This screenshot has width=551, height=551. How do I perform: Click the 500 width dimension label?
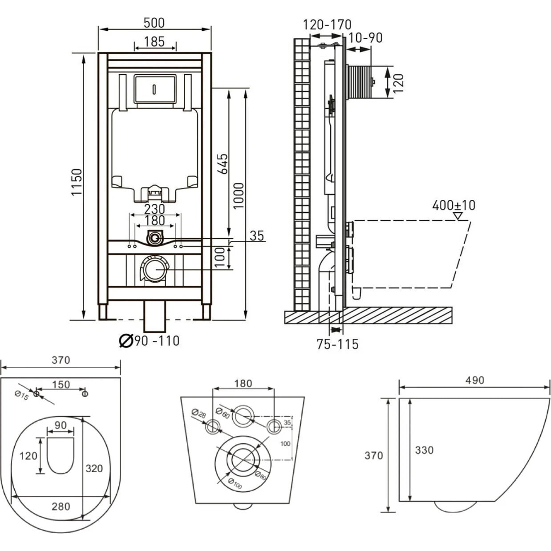point(154,22)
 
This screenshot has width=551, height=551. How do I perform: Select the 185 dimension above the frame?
point(154,41)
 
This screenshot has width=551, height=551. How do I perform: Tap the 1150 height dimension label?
point(77,182)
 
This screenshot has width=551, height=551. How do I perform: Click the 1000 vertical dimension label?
point(239,195)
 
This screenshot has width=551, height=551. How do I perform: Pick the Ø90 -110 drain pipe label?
point(150,341)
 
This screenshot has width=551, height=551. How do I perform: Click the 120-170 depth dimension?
point(327,24)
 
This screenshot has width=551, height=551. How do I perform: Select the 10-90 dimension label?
point(365,38)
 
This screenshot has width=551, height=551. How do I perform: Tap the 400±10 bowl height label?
point(454,205)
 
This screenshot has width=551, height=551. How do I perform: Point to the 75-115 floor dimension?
point(337,344)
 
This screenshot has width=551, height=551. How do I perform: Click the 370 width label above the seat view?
point(61,360)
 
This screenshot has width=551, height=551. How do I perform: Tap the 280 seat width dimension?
point(61,506)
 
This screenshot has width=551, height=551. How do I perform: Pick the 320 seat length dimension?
point(94,468)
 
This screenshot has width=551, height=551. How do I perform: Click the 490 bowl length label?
point(475,381)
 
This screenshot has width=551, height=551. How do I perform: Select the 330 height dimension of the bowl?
point(424,450)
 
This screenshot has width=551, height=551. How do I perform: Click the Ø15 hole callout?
point(21,395)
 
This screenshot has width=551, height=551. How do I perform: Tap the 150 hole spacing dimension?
point(61,385)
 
